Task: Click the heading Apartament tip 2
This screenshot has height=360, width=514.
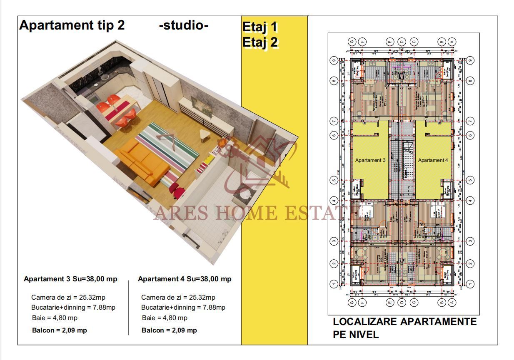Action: pos(72,25)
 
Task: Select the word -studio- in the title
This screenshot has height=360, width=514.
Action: pos(184,25)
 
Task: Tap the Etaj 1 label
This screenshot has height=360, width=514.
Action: pos(259,27)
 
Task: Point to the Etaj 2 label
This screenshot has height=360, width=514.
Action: pos(260,42)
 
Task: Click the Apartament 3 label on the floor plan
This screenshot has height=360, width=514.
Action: pos(370,160)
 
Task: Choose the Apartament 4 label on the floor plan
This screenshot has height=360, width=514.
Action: pos(433,160)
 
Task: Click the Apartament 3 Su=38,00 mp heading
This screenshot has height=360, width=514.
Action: pos(70,279)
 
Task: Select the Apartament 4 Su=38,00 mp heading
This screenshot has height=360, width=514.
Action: pos(185,279)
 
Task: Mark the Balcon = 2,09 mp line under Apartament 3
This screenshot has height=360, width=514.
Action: pos(60,330)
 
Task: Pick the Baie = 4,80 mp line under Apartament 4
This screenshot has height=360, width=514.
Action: pos(165,318)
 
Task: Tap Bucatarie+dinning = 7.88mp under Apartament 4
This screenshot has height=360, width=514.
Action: pos(183,308)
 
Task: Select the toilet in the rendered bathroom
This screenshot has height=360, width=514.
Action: pos(244,194)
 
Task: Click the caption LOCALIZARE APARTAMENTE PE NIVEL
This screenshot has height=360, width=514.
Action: pos(404,328)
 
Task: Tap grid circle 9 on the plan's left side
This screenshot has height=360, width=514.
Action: pos(333,60)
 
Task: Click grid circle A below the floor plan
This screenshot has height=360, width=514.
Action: pos(452,303)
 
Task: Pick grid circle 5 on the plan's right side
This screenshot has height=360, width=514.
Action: pos(470,180)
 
